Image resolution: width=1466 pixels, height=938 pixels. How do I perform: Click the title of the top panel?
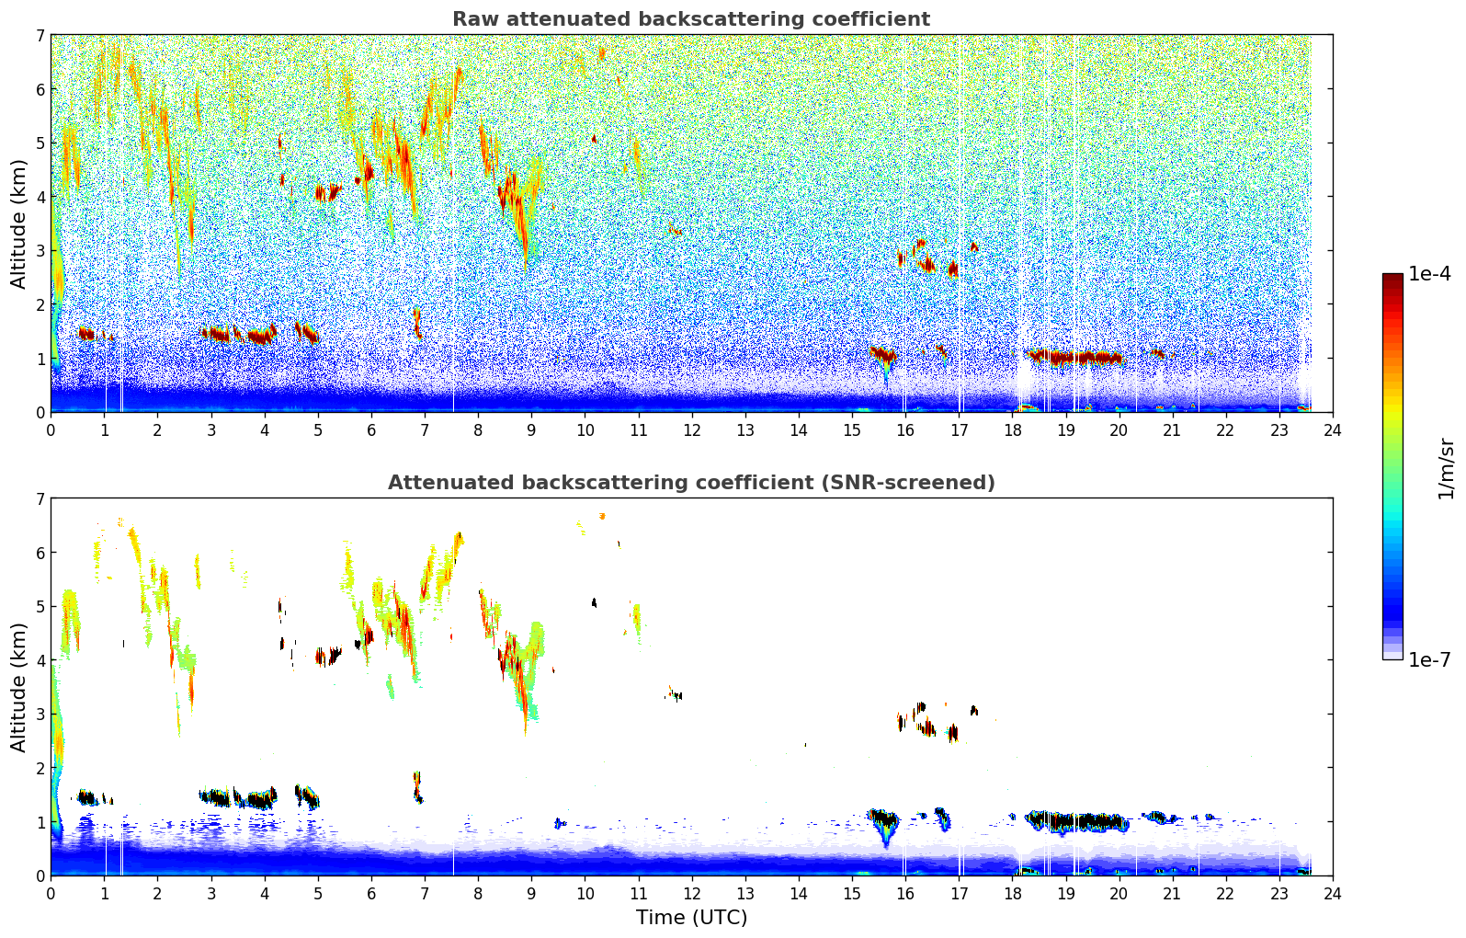690,19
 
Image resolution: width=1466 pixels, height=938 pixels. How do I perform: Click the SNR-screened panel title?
690,483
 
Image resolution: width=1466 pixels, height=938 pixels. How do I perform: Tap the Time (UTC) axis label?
691,918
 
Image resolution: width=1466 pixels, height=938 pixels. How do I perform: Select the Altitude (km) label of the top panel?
18,223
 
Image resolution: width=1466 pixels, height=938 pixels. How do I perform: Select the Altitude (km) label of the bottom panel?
18,687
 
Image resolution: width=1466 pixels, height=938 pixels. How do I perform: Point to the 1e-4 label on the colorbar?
1430,274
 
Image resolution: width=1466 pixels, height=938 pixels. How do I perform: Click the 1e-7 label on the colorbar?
1430,659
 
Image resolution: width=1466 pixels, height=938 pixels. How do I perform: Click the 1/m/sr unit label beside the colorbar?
1446,467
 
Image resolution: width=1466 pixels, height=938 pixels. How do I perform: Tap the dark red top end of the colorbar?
1392,279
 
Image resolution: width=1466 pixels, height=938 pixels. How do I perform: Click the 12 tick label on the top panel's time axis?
691,430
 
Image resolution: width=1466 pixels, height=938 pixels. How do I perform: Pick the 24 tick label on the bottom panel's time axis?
1332,894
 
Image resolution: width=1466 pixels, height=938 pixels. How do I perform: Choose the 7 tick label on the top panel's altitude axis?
40,36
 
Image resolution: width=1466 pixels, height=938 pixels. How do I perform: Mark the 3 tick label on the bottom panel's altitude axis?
40,714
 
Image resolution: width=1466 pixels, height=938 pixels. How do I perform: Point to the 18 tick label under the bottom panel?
1012,894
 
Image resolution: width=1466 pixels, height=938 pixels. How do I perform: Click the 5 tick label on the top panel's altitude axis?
40,143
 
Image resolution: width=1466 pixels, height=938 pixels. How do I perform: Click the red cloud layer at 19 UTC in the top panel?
1066,357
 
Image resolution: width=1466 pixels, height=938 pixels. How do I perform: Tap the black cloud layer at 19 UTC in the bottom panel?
1066,820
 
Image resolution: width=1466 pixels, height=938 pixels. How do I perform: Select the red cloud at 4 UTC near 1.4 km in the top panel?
262,337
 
